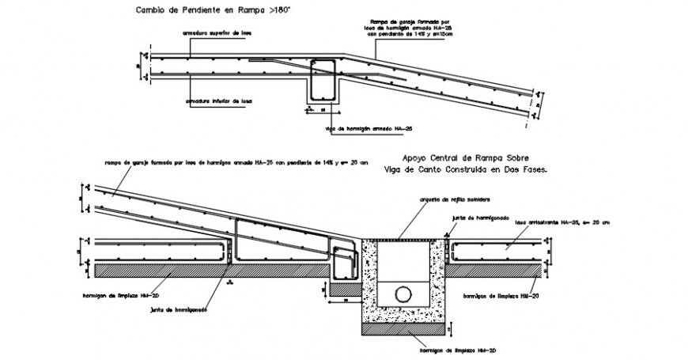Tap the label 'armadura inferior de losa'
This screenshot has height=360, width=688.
(219, 100)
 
